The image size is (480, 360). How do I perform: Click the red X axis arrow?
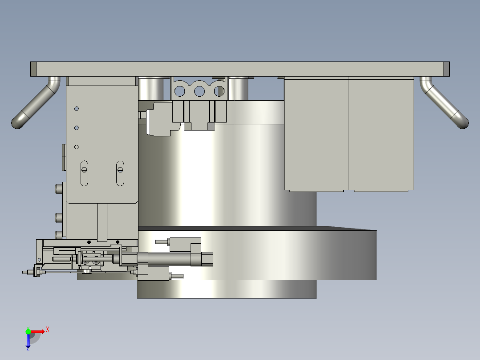click(x=38, y=331)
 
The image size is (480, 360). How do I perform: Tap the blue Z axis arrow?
click(x=28, y=341)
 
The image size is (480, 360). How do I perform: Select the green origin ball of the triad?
click(x=28, y=331)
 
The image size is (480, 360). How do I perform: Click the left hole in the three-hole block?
click(x=180, y=91)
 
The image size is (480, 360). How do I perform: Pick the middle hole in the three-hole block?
click(x=199, y=91)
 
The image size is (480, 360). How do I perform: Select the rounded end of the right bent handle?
click(x=462, y=121)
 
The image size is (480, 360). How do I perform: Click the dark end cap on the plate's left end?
click(x=33, y=69)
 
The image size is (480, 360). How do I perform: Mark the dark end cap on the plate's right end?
click(x=447, y=69)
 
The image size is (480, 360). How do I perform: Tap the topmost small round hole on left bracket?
click(x=77, y=108)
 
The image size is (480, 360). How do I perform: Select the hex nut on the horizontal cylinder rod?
click(x=207, y=258)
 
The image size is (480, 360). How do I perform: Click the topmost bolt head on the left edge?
click(x=57, y=189)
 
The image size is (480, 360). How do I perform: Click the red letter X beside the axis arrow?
click(x=48, y=329)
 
